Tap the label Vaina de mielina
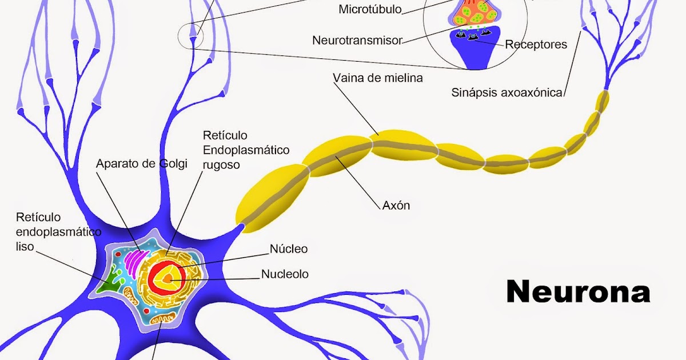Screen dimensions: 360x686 (x=378, y=78)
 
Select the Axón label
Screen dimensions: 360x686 (x=396, y=205)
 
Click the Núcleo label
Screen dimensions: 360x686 (x=288, y=249)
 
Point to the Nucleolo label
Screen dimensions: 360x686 (x=285, y=274)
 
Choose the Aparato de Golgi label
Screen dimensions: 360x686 (x=142, y=164)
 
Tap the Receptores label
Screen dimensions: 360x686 (x=536, y=44)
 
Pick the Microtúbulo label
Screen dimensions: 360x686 (x=370, y=9)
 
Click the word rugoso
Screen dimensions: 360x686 (x=221, y=165)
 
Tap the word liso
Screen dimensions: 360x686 (x=25, y=246)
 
